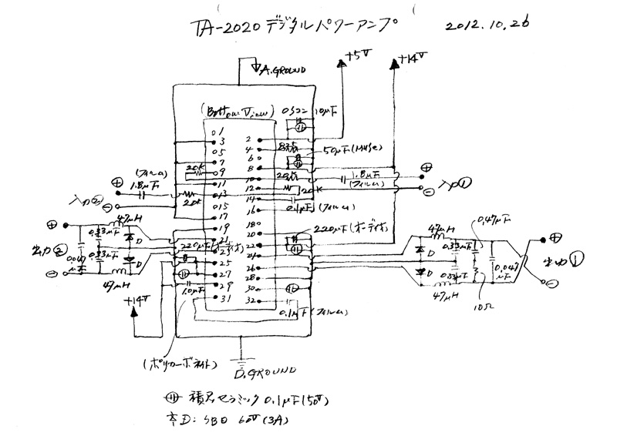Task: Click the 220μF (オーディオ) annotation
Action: (x=347, y=230)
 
